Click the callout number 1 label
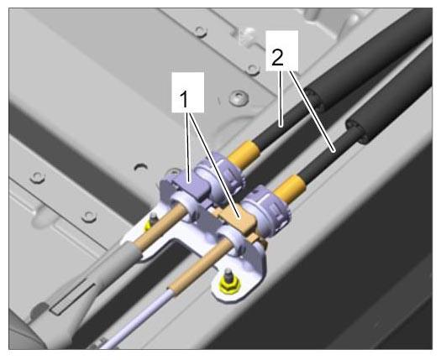point(184,100)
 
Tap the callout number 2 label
point(277,58)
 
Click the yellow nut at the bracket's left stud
point(147,226)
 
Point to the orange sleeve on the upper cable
point(244,155)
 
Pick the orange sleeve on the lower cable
point(290,188)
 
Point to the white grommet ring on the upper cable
point(184,208)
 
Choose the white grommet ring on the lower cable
point(231,239)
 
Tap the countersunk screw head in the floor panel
point(239,98)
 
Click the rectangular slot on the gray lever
point(72,299)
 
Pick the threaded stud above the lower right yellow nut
point(227,274)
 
